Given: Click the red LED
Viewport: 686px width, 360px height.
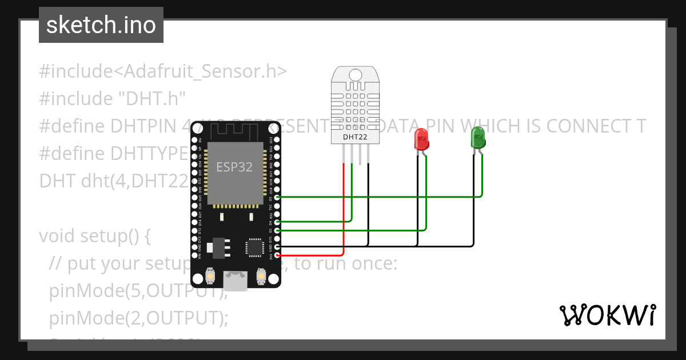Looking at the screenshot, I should pos(421,139).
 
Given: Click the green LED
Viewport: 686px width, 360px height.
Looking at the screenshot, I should pos(477,138).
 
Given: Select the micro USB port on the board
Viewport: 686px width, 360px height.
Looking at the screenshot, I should pos(236,282).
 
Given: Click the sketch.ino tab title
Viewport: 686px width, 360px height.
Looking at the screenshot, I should pos(101,25).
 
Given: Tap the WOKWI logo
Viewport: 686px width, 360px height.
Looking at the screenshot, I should pos(607,315).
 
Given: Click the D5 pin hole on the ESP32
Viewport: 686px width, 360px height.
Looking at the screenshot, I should pos(277,197).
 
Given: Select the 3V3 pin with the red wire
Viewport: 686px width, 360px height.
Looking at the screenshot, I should pos(277,255).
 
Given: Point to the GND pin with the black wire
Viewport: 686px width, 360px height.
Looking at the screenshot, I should pos(277,246).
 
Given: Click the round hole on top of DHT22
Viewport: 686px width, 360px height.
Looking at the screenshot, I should pos(355,75).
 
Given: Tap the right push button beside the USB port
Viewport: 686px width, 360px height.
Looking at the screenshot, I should pos(261,277).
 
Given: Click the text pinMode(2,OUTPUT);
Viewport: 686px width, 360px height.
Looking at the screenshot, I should pos(138,318).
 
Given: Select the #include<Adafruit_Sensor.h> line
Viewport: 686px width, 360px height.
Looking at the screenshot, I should pos(163,71).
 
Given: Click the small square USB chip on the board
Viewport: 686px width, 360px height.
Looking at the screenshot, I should pos(253,247).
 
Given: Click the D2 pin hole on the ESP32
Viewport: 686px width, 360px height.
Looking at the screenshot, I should pos(277,230).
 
